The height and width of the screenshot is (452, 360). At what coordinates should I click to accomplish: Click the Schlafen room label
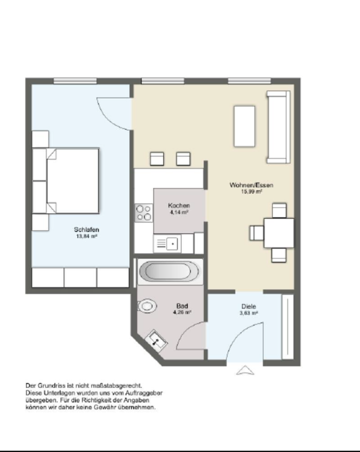point(86,230)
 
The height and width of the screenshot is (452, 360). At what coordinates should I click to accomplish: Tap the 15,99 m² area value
point(251,192)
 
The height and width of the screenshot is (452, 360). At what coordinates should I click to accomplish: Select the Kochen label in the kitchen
point(179,205)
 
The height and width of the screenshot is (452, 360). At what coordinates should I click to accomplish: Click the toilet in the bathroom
point(147,306)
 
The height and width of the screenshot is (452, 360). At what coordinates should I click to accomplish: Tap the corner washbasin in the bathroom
point(157,339)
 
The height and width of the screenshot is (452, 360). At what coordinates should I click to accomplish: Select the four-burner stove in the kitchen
point(143,213)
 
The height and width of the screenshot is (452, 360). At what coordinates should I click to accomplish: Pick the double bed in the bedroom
point(73,180)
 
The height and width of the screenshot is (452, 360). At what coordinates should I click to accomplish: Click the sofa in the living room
point(278,126)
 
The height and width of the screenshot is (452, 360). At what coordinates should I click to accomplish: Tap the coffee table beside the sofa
point(244,126)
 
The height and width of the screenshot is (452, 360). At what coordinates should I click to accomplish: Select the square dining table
point(278,233)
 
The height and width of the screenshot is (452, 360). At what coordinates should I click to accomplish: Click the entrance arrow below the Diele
point(245,370)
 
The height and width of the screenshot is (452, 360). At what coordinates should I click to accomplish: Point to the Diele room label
point(249,307)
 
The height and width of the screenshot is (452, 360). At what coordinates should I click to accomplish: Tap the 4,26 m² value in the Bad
point(182,313)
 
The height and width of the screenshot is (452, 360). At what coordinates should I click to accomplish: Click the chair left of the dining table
point(257,233)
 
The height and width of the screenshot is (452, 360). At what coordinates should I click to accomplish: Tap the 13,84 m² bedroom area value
point(86,236)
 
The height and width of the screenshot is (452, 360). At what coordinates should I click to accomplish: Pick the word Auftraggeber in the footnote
point(144,393)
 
